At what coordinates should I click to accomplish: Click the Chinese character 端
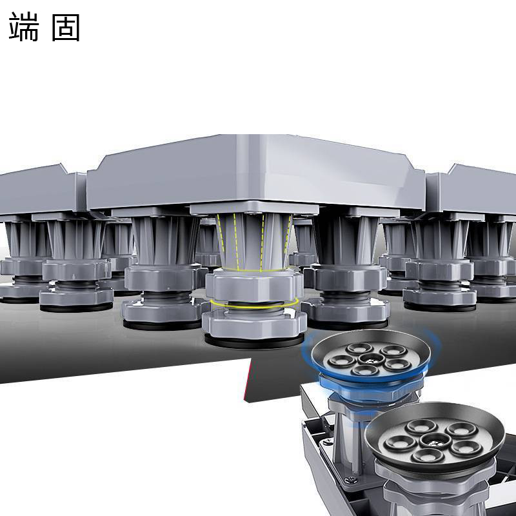[x=24, y=26]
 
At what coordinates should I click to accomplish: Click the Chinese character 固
[x=66, y=27]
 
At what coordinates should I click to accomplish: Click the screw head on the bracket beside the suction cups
[x=350, y=481]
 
